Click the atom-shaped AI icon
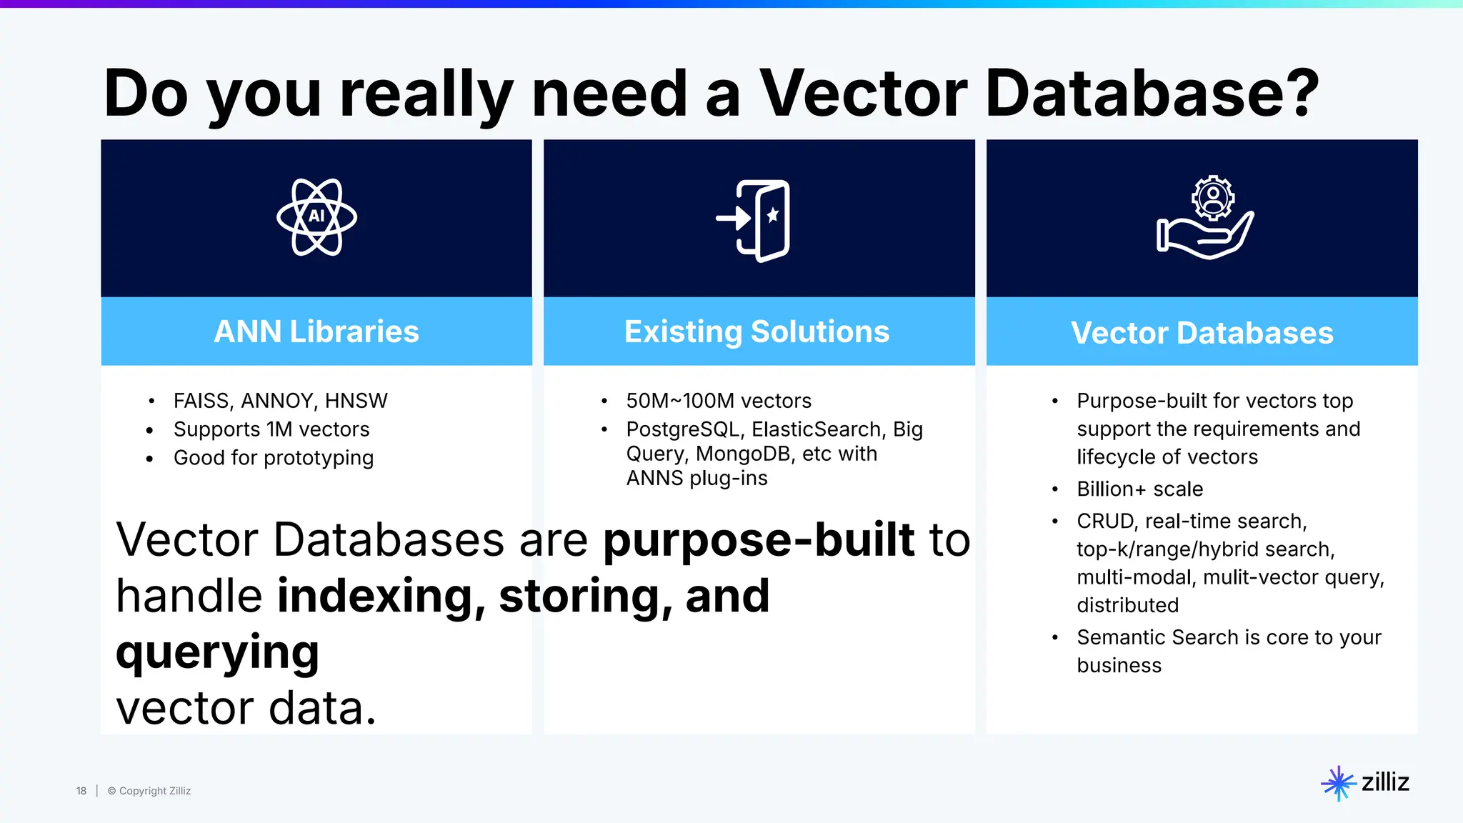316,217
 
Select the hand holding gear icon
1205,218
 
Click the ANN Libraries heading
316,331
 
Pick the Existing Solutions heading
757,331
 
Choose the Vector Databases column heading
1202,333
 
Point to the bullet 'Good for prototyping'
273,458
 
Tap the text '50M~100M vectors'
718,401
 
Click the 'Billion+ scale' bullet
1139,489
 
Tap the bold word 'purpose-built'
759,540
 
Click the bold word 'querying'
217,653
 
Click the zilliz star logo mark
1337,784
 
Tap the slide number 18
81,791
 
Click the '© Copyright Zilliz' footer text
149,791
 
